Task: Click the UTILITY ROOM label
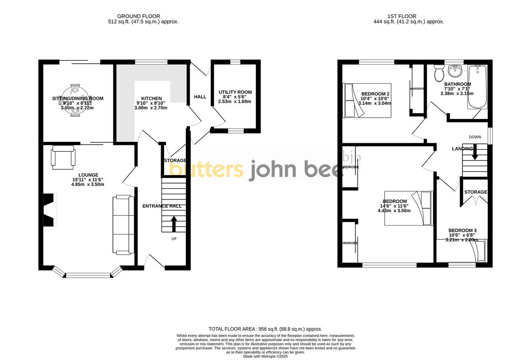(x=235, y=92)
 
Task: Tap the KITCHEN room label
(x=151, y=98)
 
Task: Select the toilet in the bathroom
(x=439, y=72)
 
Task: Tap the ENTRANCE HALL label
(x=162, y=206)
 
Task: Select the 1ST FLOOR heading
(x=409, y=16)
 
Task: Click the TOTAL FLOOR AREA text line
(x=265, y=329)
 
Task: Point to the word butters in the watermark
(x=207, y=170)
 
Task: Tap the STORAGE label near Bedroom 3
(x=475, y=192)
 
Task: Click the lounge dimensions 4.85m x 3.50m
(x=88, y=184)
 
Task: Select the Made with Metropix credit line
(x=265, y=356)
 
